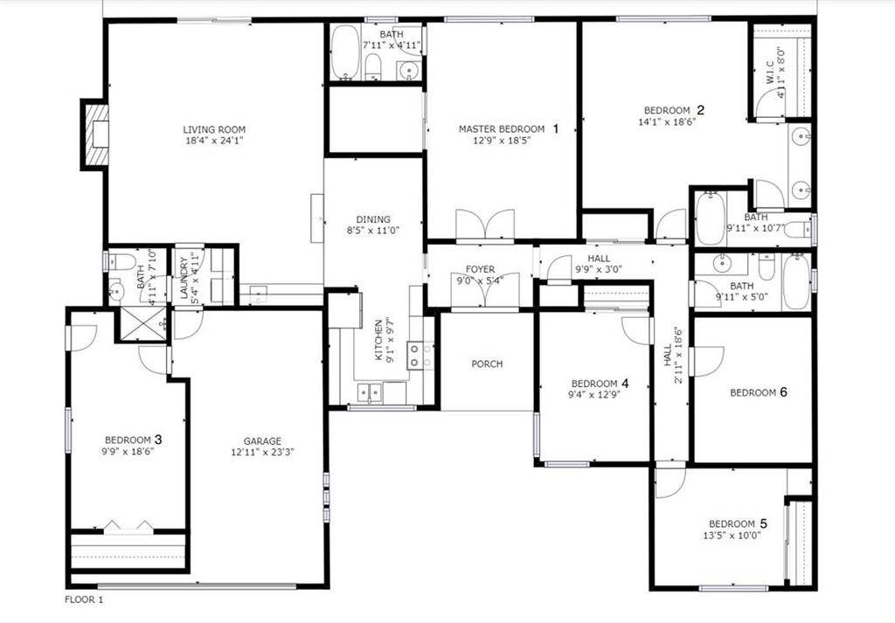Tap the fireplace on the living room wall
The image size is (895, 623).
coord(96,134)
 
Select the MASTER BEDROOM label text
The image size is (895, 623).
coord(502,129)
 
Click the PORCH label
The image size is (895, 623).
coord(487,363)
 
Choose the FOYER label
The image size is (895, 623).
coord(480,270)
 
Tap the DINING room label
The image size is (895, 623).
coord(373,219)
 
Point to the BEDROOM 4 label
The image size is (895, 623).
coord(600,384)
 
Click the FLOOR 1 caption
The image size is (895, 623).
coord(84,599)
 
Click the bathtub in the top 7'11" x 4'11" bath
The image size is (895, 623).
coord(345,53)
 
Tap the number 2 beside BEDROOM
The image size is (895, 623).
coord(700,109)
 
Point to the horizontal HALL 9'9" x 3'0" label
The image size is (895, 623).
coord(599,259)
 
